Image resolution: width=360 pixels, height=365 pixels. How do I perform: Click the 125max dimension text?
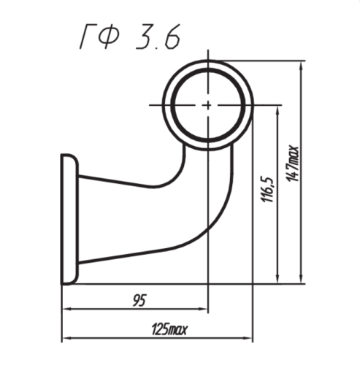169,330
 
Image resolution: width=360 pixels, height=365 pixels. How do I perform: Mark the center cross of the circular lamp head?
208,105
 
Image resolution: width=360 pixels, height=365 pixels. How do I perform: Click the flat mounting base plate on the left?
69,219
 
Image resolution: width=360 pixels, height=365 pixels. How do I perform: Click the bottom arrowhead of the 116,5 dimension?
278,279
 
